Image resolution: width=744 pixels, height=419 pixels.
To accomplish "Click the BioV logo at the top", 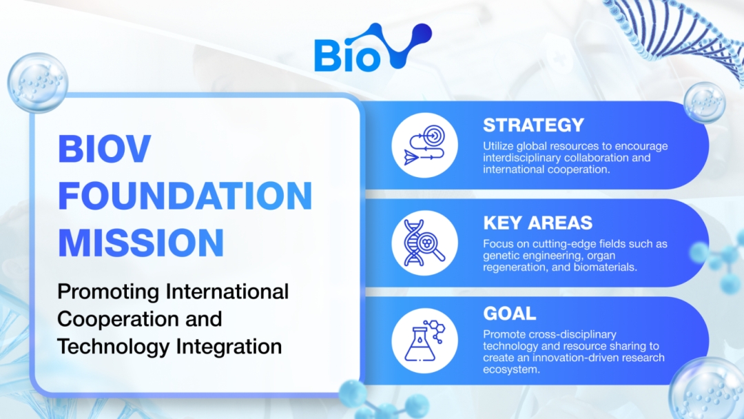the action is tap(373, 48).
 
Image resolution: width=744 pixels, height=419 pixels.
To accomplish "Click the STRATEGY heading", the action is tap(533, 125).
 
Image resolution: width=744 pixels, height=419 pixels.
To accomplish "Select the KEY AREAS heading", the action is tap(537, 223).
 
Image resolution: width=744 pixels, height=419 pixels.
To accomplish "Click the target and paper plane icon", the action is tap(424, 145).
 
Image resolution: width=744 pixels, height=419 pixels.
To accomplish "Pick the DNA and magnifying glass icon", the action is tap(424, 243).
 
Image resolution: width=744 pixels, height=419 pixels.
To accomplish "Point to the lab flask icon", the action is tap(424, 340).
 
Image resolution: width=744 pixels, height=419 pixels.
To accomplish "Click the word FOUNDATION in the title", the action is tap(185, 196).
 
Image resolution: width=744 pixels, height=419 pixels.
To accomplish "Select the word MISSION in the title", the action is tap(141, 243).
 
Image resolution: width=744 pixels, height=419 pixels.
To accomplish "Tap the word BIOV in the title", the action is tap(105, 149).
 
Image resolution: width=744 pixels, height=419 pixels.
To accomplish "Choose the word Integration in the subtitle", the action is tap(229, 347).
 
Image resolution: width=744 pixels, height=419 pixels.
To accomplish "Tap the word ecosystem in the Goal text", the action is tap(511, 369).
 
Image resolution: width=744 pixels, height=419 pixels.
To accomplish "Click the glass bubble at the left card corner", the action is tap(38, 83).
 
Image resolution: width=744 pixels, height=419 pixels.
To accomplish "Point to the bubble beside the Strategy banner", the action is tap(705, 103).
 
